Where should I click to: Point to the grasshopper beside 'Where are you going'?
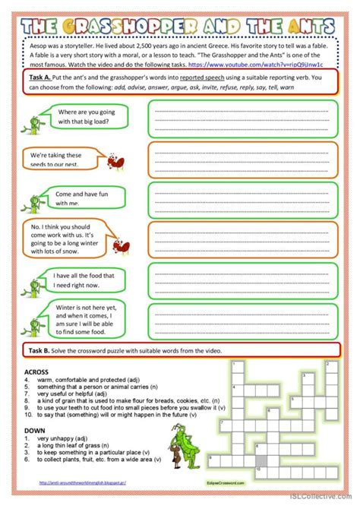35,119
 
